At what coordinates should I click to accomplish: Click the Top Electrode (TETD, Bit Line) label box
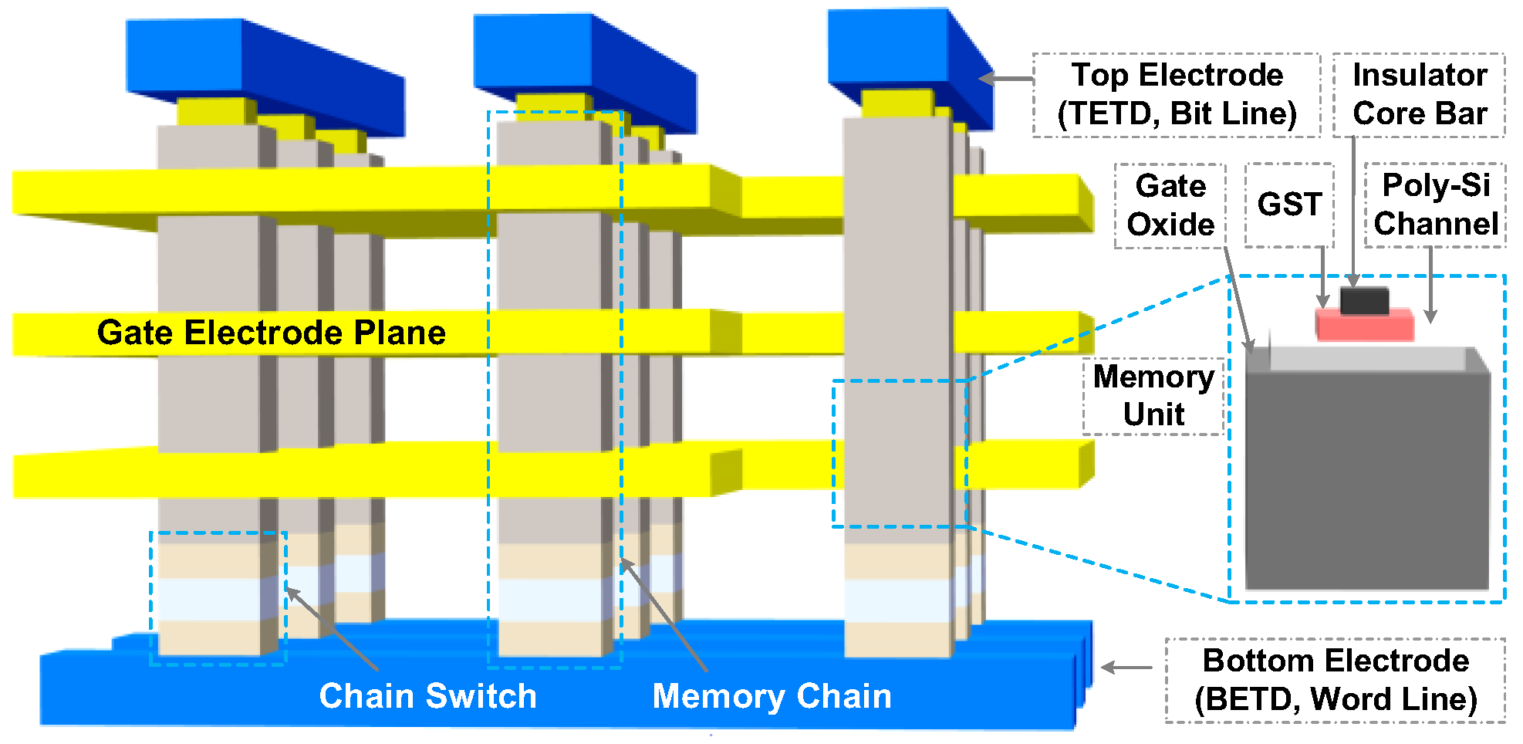(x=1176, y=95)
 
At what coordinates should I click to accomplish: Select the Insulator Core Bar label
(x=1419, y=95)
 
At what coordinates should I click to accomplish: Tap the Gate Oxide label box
(x=1170, y=205)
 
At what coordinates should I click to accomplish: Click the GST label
(x=1289, y=205)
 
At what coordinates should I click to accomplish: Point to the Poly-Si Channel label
(x=1435, y=205)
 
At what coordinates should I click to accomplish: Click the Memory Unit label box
(x=1153, y=396)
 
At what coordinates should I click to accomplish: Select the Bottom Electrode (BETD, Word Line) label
(x=1335, y=680)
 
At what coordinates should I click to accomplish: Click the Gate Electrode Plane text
(x=272, y=333)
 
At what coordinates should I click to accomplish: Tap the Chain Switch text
(x=427, y=696)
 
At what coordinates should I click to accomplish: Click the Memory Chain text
(x=772, y=696)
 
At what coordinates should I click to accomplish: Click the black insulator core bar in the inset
(x=1364, y=300)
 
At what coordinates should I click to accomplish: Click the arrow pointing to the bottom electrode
(x=1126, y=668)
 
